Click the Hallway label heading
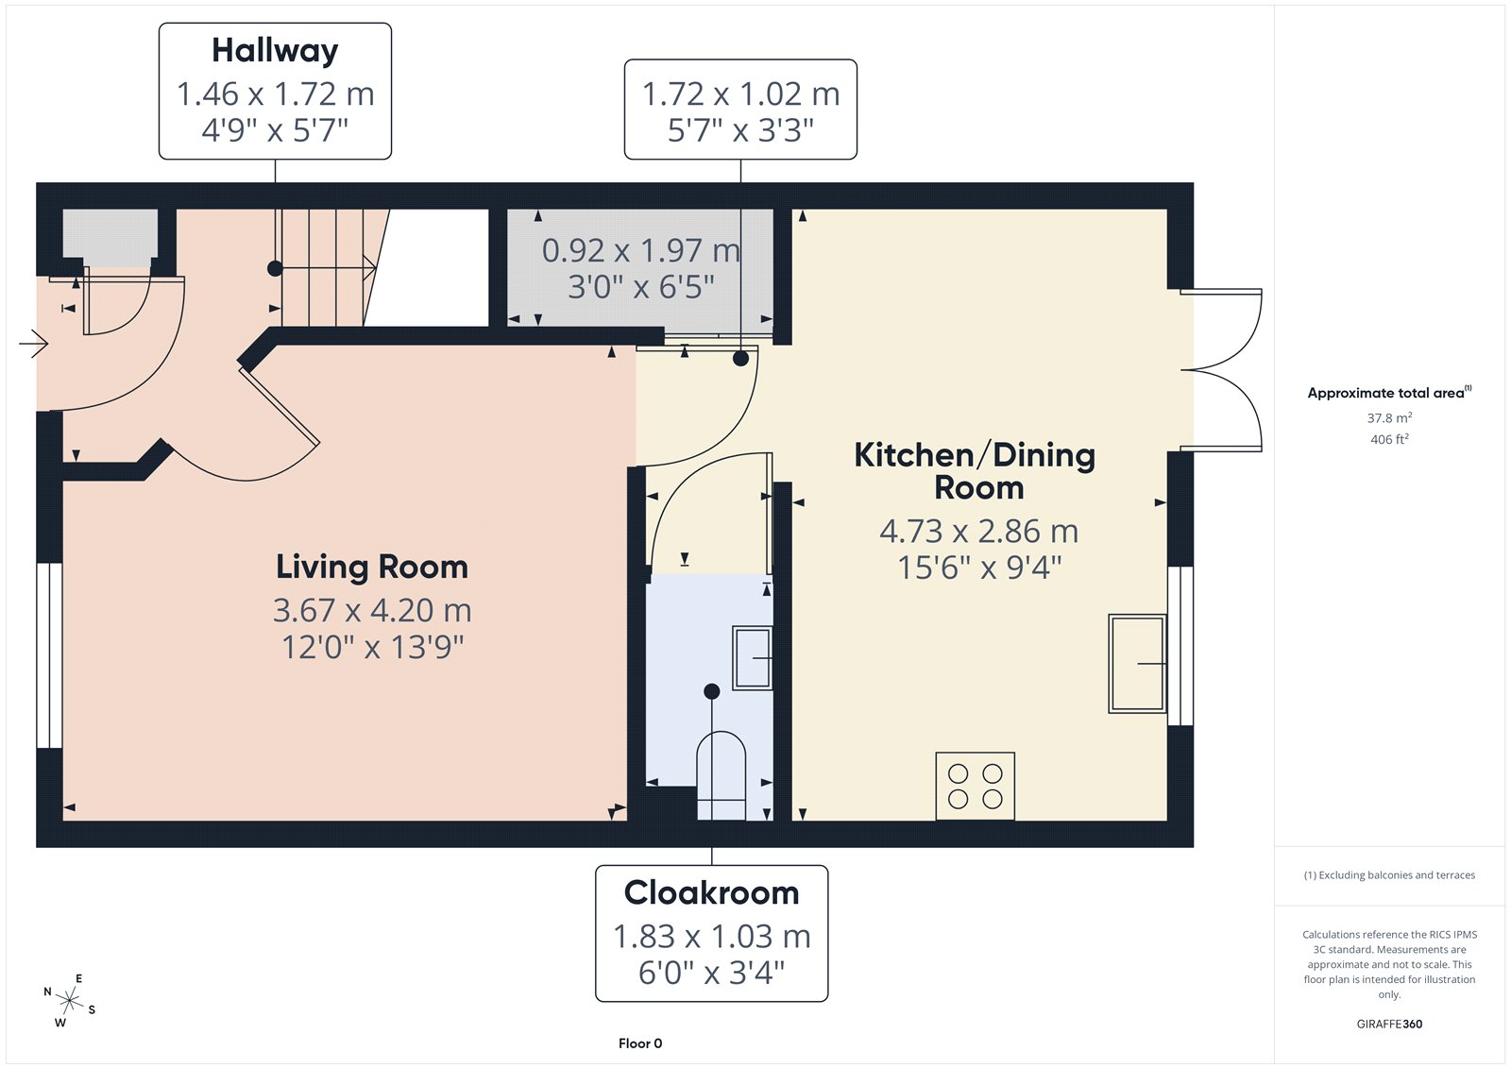click(275, 51)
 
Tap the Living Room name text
click(372, 567)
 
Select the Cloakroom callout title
click(712, 892)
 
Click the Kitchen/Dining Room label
click(975, 471)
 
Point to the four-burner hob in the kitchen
click(975, 786)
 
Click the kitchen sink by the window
click(1137, 663)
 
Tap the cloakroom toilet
click(722, 776)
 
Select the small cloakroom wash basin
click(752, 658)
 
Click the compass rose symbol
click(70, 1000)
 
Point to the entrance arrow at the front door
click(34, 344)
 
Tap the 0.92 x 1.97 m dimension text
click(641, 251)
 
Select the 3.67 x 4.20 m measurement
click(372, 611)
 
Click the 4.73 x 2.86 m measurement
click(978, 532)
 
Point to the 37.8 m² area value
click(1389, 417)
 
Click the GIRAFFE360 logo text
click(1389, 1024)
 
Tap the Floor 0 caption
click(640, 1043)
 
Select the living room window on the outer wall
click(49, 655)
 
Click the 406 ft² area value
click(1389, 439)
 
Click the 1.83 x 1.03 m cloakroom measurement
click(712, 937)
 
